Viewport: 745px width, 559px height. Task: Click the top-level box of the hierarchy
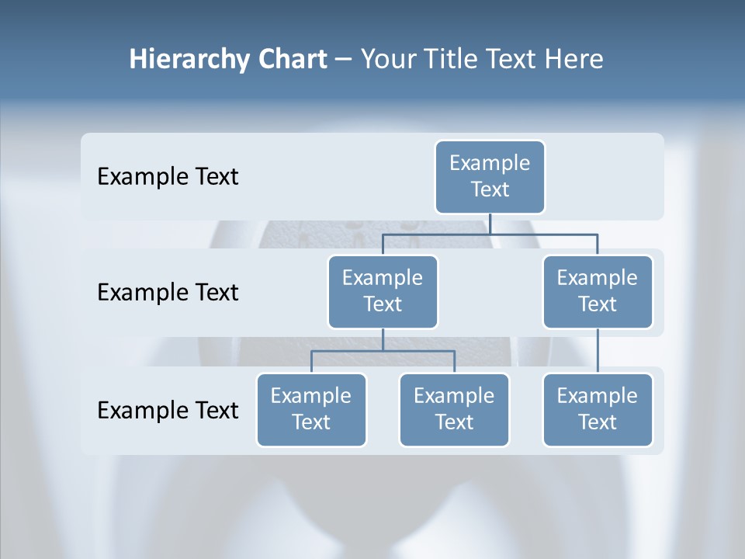pyautogui.click(x=490, y=176)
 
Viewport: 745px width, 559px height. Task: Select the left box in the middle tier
pyautogui.click(x=383, y=291)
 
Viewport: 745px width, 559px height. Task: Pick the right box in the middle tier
pyautogui.click(x=598, y=291)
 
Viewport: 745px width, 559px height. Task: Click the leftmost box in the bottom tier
pyautogui.click(x=311, y=409)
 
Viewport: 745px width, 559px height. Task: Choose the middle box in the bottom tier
pyautogui.click(x=454, y=409)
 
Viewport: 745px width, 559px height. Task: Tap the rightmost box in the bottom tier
pyautogui.click(x=598, y=409)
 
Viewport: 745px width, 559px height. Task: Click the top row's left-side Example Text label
pyautogui.click(x=168, y=177)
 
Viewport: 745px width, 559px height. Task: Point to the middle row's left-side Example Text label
pyautogui.click(x=168, y=293)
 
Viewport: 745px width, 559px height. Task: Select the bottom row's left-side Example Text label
pyautogui.click(x=168, y=410)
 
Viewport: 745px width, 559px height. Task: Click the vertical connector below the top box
pyautogui.click(x=490, y=224)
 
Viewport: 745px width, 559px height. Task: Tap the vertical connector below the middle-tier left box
pyautogui.click(x=383, y=339)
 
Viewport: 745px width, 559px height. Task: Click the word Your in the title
pyautogui.click(x=387, y=60)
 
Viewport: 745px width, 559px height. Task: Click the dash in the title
pyautogui.click(x=343, y=60)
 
